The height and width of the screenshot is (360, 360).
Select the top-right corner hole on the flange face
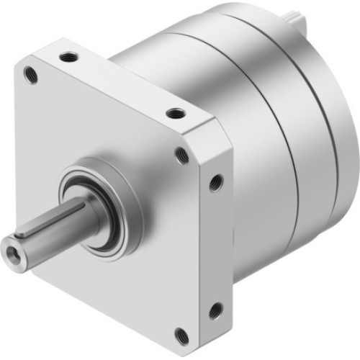(182, 155)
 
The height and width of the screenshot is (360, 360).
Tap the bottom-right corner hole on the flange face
(183, 335)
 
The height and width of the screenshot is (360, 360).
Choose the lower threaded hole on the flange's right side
(215, 310)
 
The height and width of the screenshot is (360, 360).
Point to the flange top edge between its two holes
(122, 83)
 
